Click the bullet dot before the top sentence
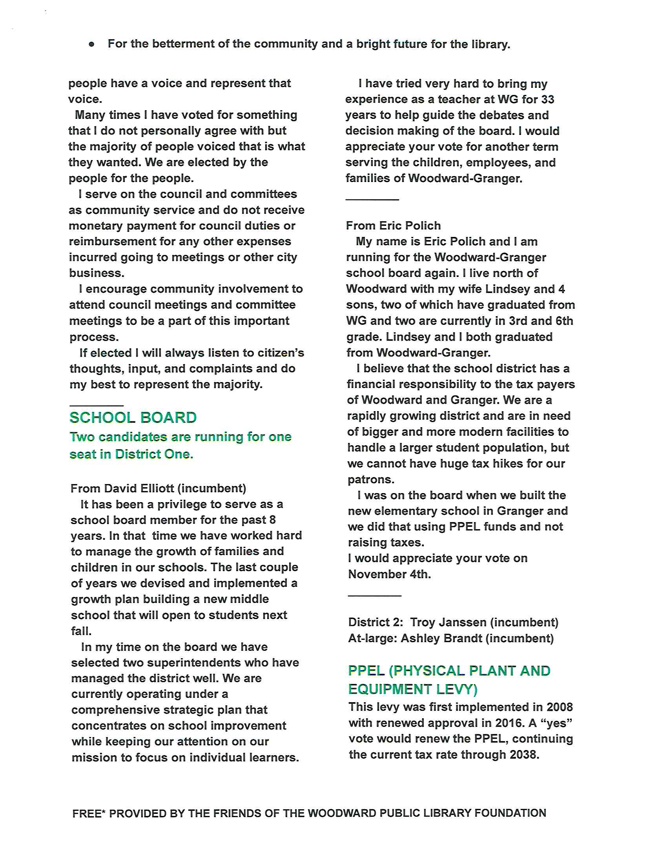92,44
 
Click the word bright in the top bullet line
374,44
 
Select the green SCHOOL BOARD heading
133,418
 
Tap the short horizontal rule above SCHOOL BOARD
97,406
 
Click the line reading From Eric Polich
393,226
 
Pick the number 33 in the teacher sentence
547,99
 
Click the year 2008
559,707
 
